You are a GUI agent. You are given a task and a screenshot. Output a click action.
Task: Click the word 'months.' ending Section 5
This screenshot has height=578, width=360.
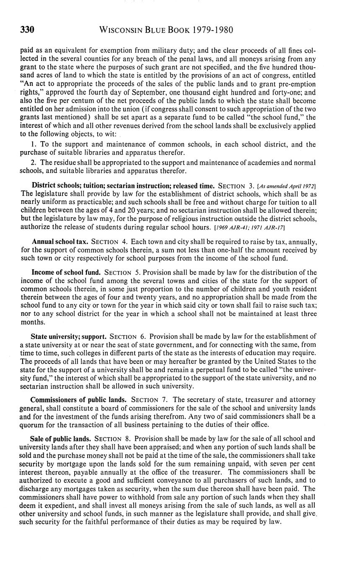tap(31, 322)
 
